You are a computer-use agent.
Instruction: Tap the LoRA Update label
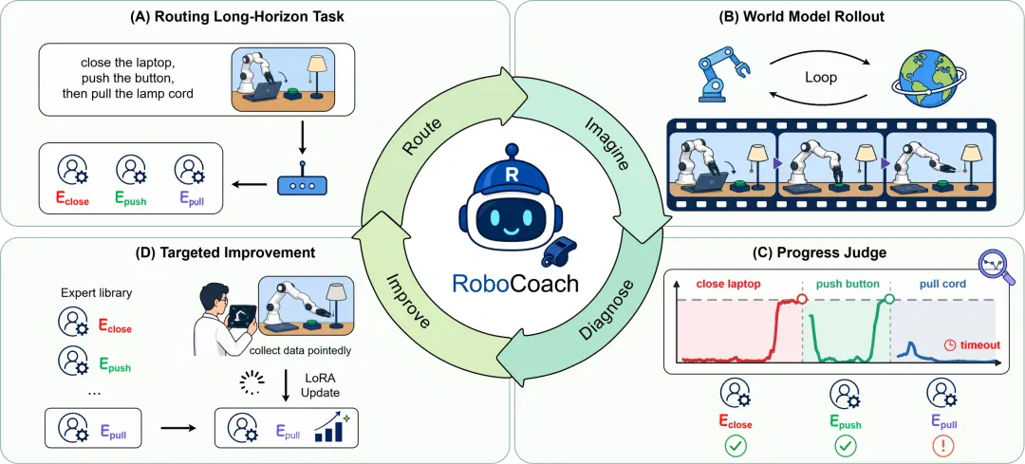pos(321,383)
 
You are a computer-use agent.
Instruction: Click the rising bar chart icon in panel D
pos(333,428)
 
